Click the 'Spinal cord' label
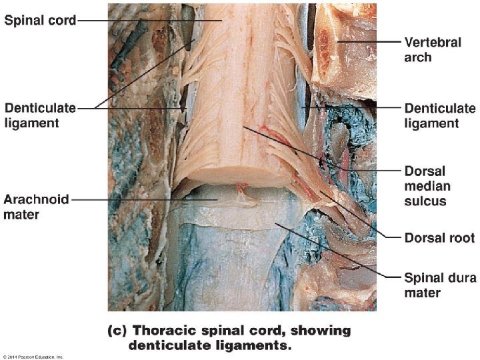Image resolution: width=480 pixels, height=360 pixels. (x=40, y=20)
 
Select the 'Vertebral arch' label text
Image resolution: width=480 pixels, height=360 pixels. (x=433, y=50)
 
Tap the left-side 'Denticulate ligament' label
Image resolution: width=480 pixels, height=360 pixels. (x=40, y=115)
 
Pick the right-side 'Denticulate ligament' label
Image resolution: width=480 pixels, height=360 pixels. (x=440, y=115)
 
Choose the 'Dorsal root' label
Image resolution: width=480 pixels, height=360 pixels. (x=439, y=237)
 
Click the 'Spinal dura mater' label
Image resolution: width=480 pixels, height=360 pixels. (x=440, y=285)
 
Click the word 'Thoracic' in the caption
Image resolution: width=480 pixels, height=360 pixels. (x=162, y=331)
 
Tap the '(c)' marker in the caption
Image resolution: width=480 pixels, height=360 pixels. (x=117, y=331)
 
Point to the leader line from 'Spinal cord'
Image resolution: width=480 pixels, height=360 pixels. (x=147, y=20)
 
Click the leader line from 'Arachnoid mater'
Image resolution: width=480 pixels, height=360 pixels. (x=133, y=199)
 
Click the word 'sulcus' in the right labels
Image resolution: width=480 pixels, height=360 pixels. (x=424, y=200)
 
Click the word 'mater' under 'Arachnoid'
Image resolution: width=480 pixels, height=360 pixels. (x=22, y=215)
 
